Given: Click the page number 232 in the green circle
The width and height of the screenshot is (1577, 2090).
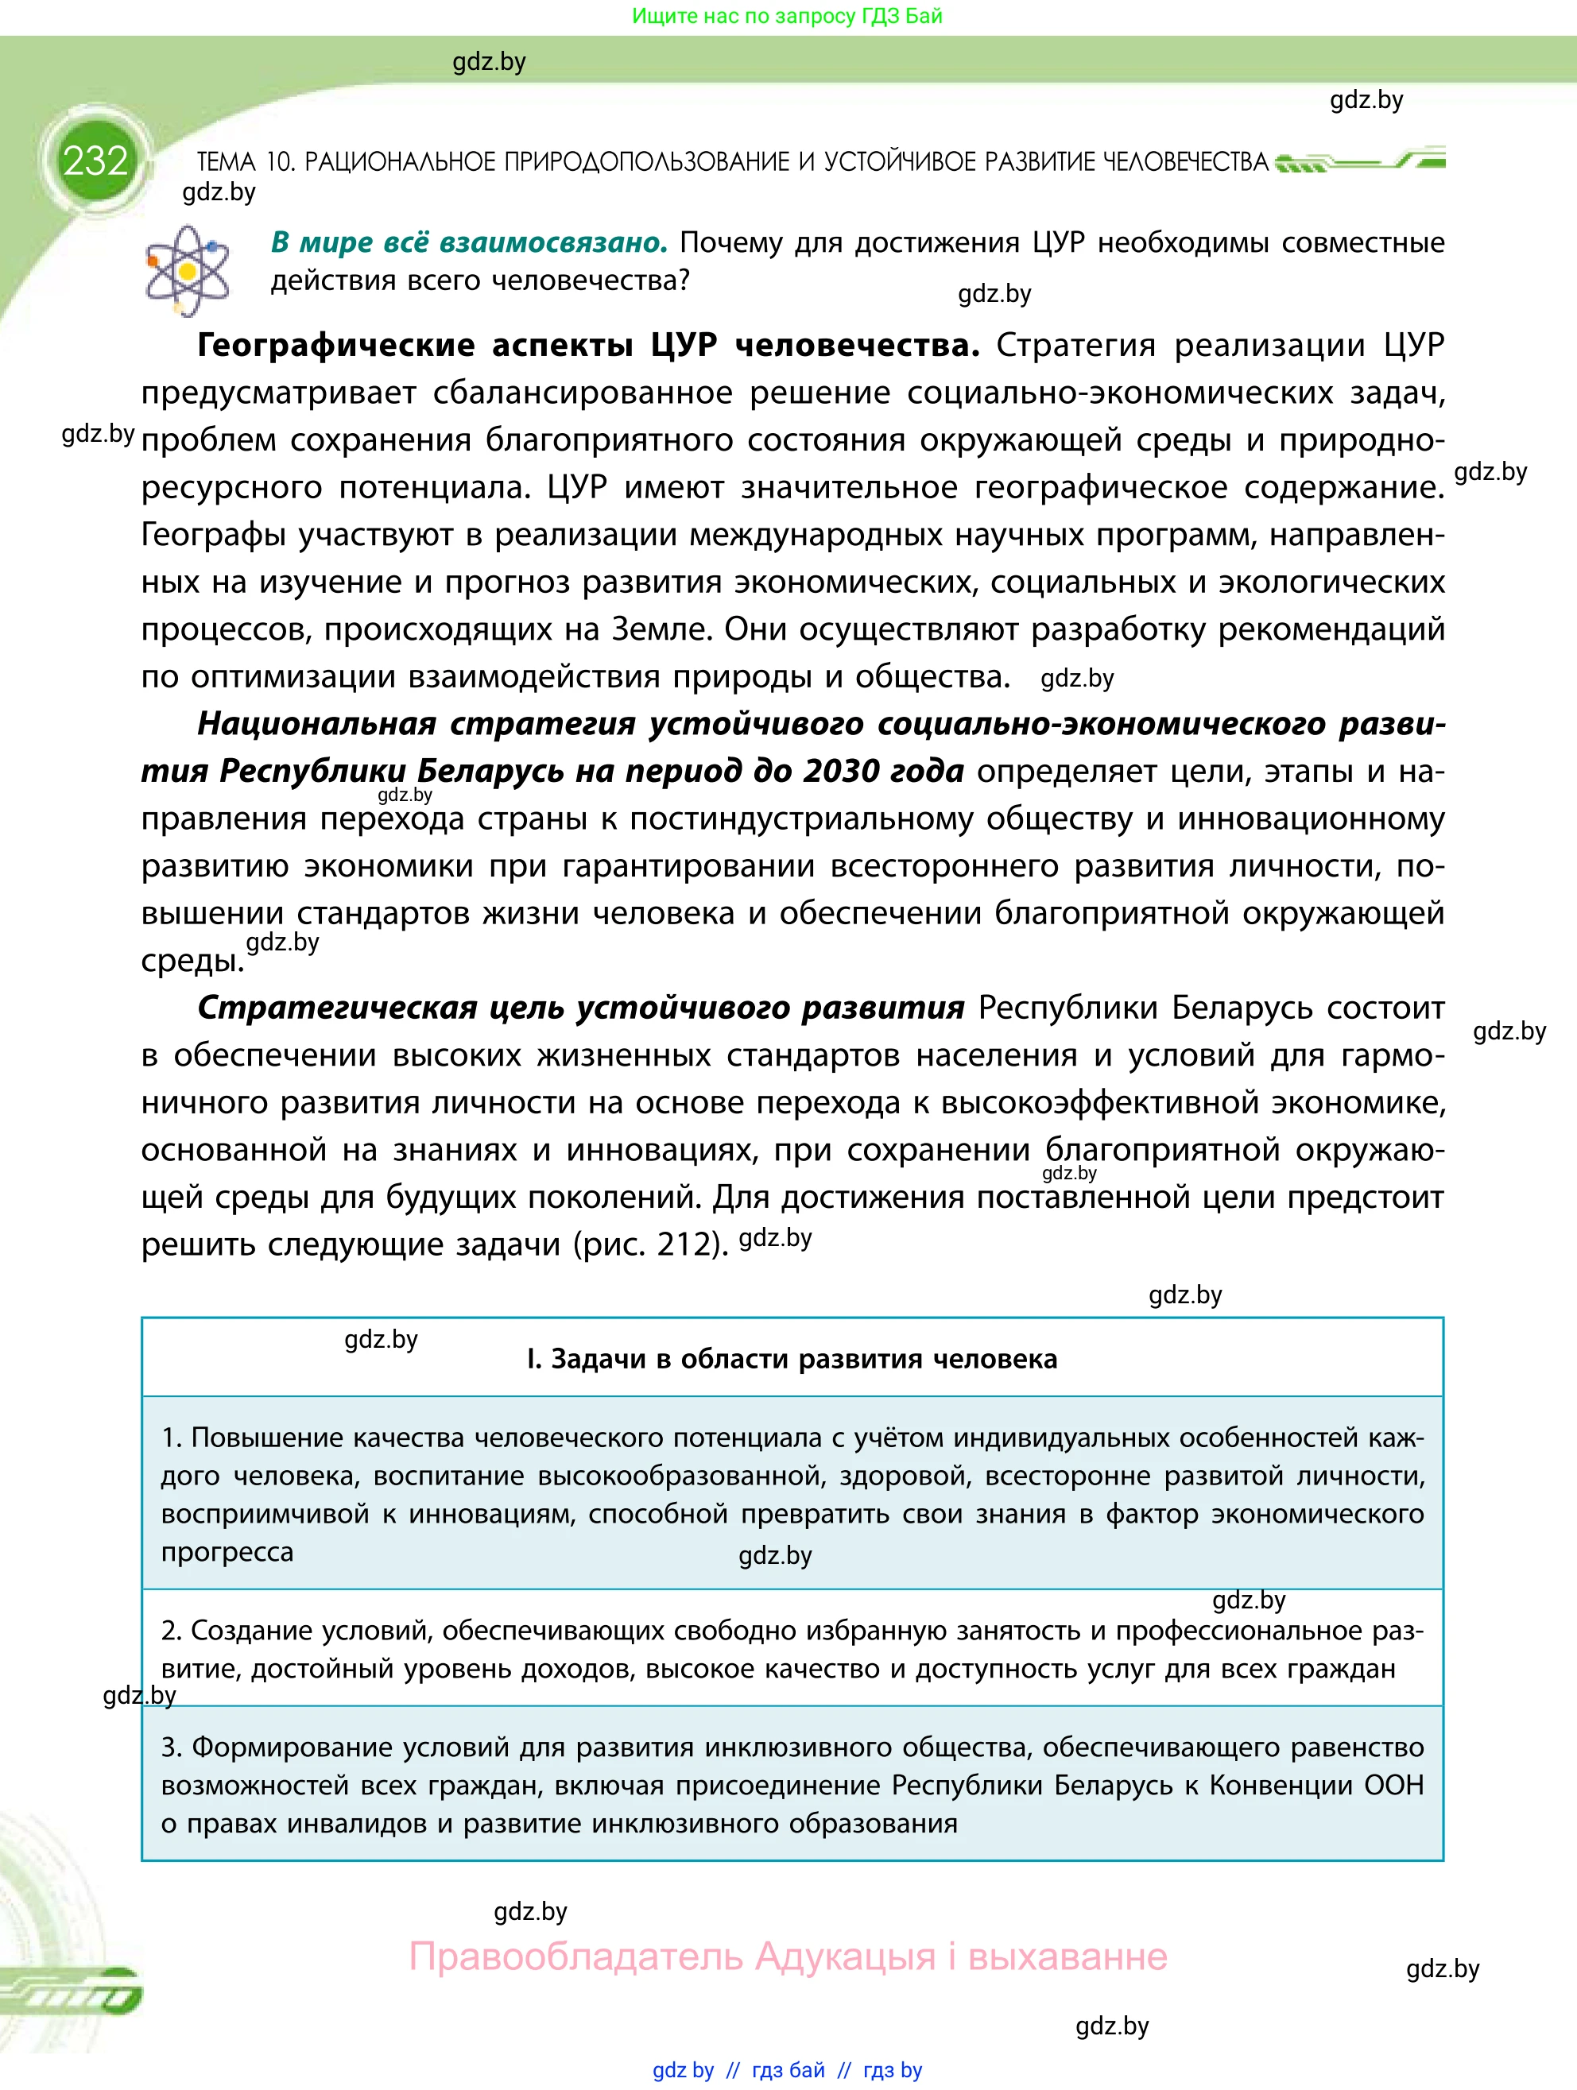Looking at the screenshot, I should point(95,161).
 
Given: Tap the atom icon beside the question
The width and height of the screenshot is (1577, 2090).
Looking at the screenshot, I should point(187,270).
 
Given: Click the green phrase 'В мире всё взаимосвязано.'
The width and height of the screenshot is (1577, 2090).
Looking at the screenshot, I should point(469,243).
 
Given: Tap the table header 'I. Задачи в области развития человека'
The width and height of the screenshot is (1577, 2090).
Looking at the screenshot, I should point(792,1359).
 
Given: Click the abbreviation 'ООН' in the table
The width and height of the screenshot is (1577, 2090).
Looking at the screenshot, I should point(1393,1785).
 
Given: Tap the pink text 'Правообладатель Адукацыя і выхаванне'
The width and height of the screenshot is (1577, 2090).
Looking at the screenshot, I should point(788,1956).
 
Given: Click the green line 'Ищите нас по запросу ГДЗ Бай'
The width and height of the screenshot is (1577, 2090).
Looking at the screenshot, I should point(787,16).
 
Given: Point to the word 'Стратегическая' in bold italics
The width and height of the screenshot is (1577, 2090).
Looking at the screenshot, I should point(336,1008).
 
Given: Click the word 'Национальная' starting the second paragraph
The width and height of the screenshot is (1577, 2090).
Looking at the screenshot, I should point(316,724).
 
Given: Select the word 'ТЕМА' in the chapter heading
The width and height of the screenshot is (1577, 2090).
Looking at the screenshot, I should point(227,161).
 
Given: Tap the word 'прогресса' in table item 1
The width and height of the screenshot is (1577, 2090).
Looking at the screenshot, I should point(227,1551).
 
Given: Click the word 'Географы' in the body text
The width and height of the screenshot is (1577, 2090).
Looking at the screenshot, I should point(214,535).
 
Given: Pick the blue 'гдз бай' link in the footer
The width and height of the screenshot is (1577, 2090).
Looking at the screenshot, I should point(788,2070).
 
